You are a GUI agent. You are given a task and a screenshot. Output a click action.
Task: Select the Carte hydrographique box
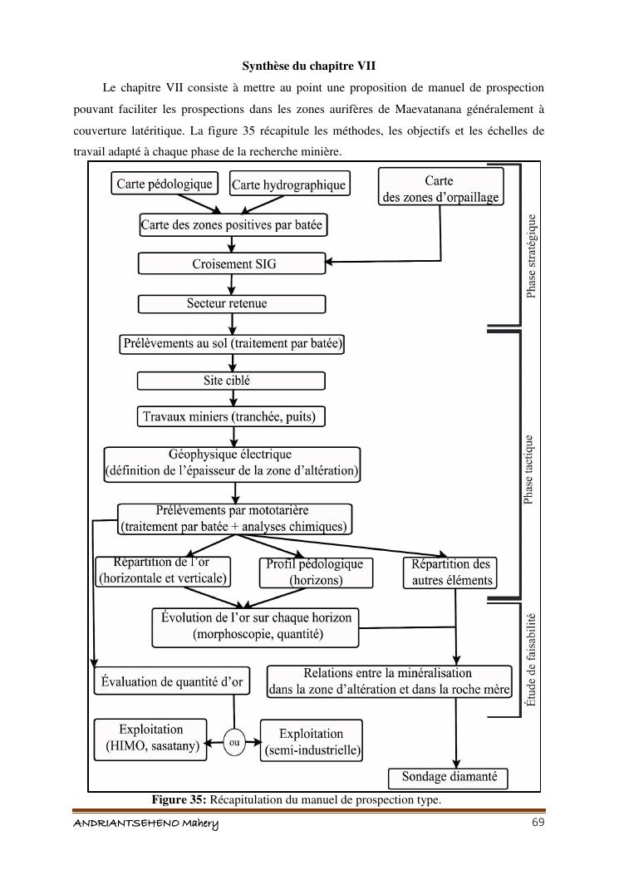pyautogui.click(x=287, y=185)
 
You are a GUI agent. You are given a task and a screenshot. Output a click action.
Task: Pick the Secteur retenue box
pyautogui.click(x=227, y=304)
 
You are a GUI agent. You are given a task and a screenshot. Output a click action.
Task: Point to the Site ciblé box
pyautogui.click(x=227, y=381)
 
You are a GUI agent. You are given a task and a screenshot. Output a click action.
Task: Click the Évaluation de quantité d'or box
pyautogui.click(x=172, y=682)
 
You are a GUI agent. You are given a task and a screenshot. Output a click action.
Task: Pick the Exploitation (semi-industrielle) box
pyautogui.click(x=312, y=742)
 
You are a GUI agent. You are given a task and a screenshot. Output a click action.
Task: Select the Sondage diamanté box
pyautogui.click(x=450, y=778)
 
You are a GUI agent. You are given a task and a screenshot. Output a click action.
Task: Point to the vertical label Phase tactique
pyautogui.click(x=529, y=469)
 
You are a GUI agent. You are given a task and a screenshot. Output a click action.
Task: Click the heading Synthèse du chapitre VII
pyautogui.click(x=309, y=65)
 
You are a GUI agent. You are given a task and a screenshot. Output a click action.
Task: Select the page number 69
pyautogui.click(x=538, y=823)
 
